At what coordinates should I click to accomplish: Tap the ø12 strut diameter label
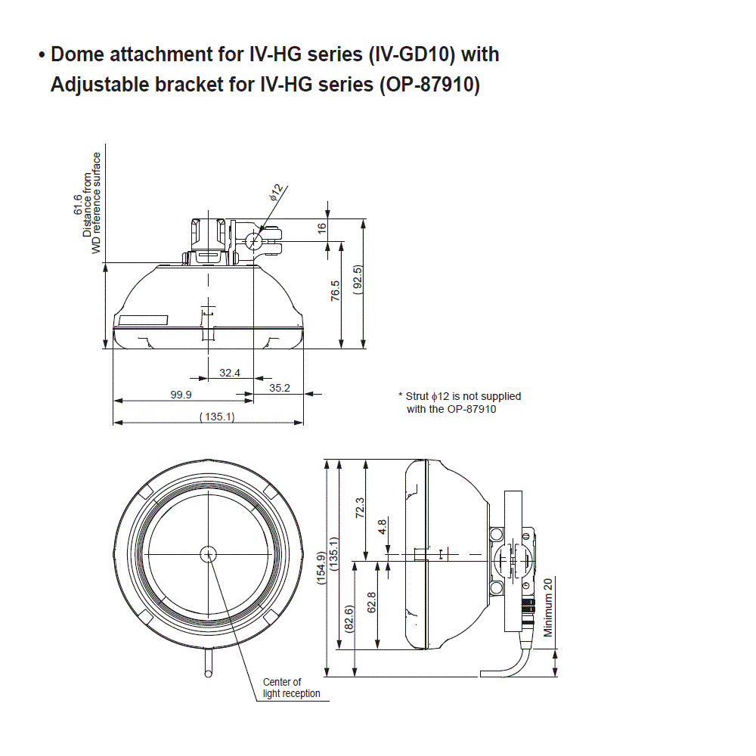276,192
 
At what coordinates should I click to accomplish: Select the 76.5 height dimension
336,290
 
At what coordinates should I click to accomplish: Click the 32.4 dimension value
229,373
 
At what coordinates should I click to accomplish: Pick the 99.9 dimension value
181,395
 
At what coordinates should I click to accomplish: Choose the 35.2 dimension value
280,388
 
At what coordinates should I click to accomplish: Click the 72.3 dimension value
360,507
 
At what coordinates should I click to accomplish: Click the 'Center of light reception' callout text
291,687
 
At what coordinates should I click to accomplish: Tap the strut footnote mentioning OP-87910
459,402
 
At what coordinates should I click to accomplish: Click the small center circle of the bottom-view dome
208,554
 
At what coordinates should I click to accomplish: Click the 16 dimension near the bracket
321,227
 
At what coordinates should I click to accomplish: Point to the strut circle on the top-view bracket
255,241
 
